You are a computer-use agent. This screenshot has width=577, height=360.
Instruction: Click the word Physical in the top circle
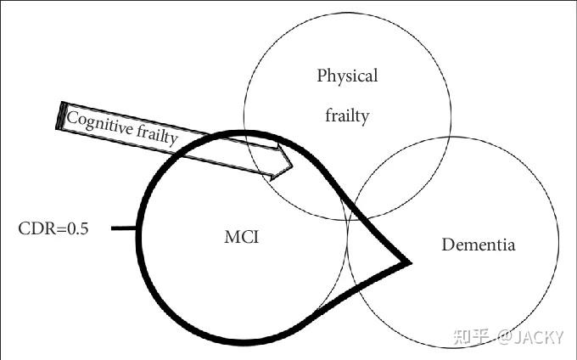[347, 76]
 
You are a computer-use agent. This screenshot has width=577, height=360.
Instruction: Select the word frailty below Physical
[347, 115]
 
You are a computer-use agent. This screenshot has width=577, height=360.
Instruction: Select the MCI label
[241, 237]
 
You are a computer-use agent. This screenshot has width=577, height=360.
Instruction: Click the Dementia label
[478, 245]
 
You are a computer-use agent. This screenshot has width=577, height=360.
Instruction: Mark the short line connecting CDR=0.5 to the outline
[124, 228]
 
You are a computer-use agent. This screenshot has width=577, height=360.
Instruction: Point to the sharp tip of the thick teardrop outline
[409, 262]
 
